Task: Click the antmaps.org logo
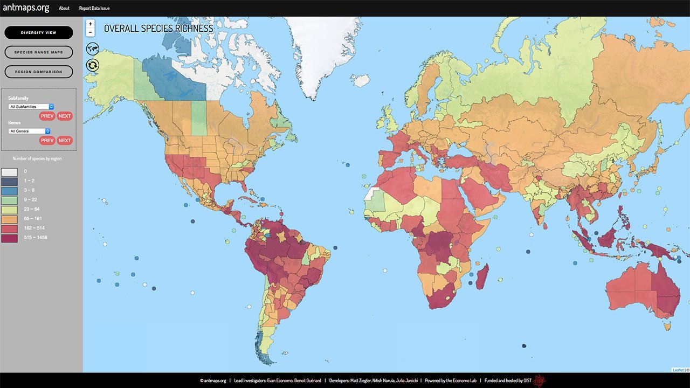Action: (x=26, y=8)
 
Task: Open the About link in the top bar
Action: (x=64, y=9)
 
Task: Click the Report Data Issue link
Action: (x=94, y=9)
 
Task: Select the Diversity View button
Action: (x=39, y=33)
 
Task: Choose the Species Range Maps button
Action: (x=39, y=52)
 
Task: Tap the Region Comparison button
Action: (x=39, y=72)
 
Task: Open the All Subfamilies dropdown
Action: (x=31, y=107)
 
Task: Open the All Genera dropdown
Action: (x=29, y=131)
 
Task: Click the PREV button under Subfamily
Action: (x=47, y=116)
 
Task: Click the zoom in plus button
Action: (x=91, y=24)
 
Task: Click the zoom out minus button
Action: (x=91, y=32)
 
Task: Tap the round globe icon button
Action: (x=93, y=49)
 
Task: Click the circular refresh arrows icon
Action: (x=93, y=65)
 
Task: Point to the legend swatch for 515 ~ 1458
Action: (x=9, y=238)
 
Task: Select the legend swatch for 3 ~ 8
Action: (x=9, y=190)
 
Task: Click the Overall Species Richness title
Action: (x=158, y=29)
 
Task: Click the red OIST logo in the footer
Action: (x=540, y=380)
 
